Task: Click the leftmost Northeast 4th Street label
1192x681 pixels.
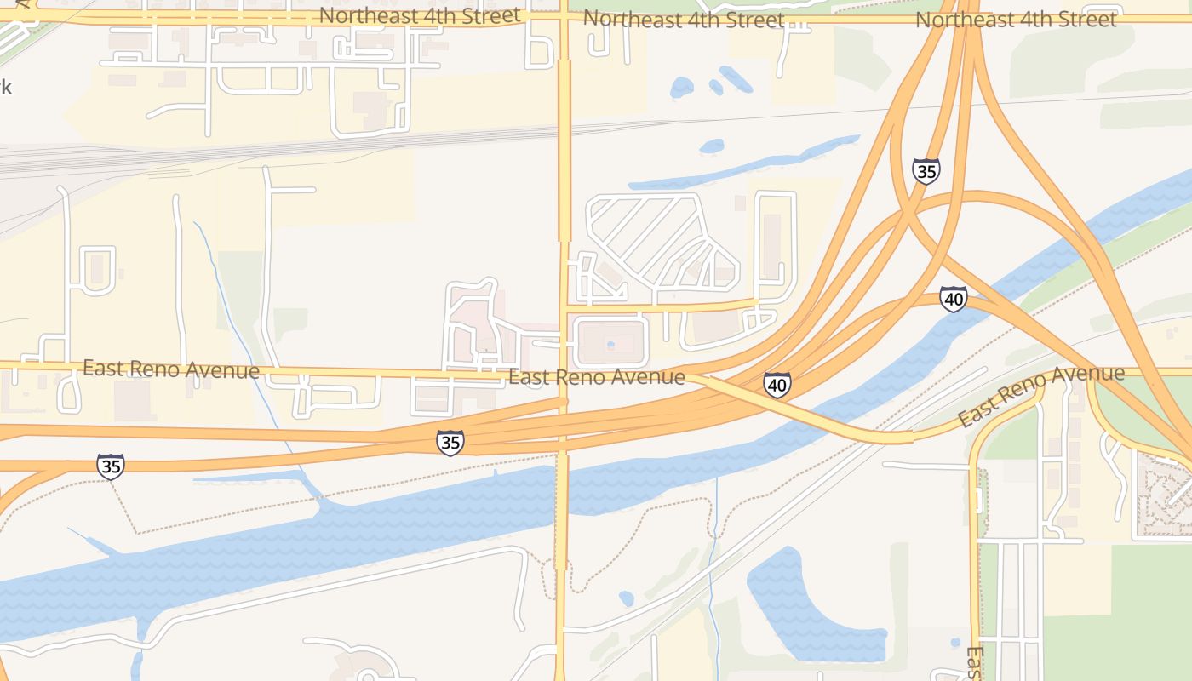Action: tap(419, 15)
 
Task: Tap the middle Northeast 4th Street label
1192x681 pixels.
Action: tap(684, 19)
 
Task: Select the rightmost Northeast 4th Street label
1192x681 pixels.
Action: tap(1016, 19)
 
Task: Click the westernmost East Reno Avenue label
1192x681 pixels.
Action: tap(170, 369)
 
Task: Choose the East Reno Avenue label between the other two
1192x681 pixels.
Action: tap(596, 376)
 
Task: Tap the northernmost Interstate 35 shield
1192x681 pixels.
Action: tap(926, 171)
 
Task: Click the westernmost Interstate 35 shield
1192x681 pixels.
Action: tap(110, 466)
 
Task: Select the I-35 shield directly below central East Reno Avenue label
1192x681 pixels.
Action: tap(450, 443)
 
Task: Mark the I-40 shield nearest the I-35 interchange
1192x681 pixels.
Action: tap(954, 299)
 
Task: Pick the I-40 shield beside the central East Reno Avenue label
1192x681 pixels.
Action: tap(777, 385)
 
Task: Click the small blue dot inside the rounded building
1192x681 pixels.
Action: tap(610, 345)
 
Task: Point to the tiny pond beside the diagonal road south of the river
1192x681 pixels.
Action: tap(627, 598)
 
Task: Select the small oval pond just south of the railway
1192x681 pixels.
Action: tap(712, 146)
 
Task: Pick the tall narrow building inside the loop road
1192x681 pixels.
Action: tap(772, 247)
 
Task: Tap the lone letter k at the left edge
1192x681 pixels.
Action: tap(5, 86)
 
